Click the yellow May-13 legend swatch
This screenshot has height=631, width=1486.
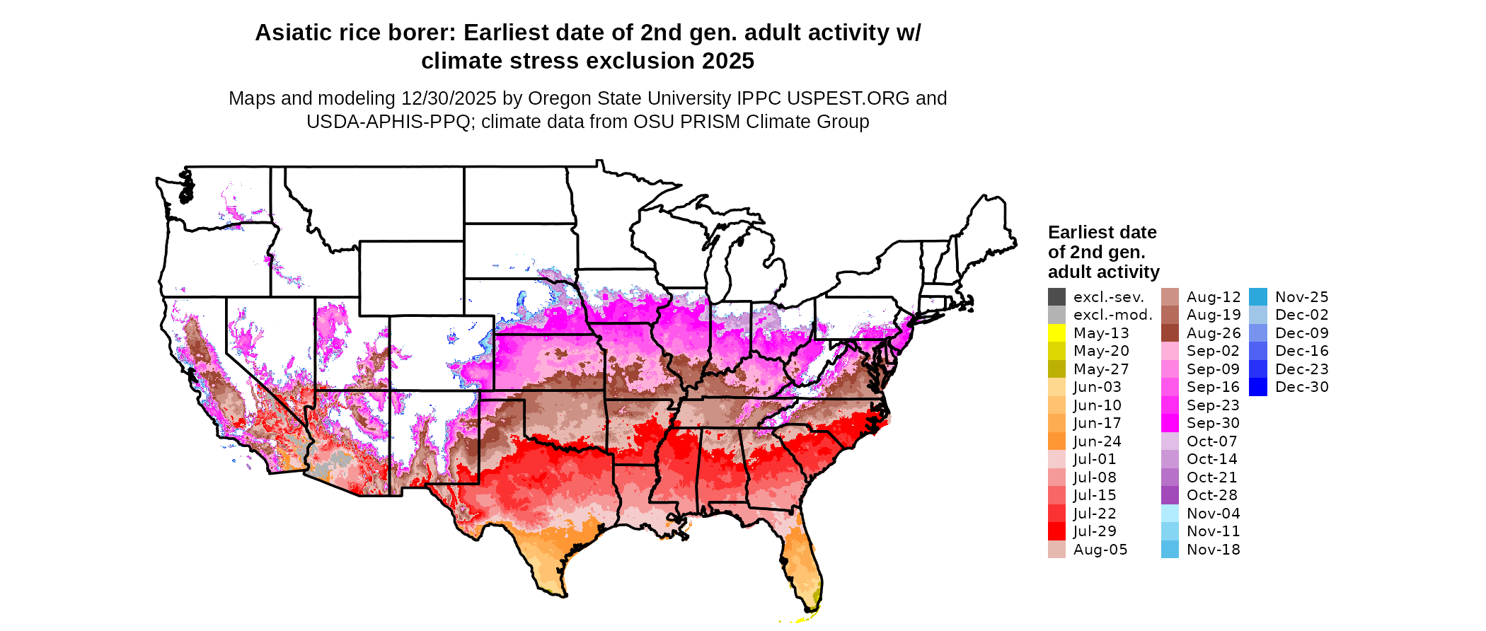[1056, 333]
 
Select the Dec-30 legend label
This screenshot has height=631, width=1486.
[1301, 387]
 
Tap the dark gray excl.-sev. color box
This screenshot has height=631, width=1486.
[1056, 297]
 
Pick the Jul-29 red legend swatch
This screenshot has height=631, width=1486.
[1056, 531]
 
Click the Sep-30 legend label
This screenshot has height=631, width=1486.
[1213, 423]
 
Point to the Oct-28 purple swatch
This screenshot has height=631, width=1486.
[1170, 495]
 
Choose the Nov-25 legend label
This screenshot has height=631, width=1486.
[1301, 297]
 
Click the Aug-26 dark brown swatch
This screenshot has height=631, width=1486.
[1170, 333]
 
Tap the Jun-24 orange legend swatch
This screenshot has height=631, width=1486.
[1056, 441]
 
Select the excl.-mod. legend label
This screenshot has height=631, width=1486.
[1112, 315]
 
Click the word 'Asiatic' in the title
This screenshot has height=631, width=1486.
[291, 33]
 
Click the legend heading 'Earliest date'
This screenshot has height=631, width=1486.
[1102, 233]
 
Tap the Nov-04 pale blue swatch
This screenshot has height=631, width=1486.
[1170, 514]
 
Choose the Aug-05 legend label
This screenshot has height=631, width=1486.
[1100, 550]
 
